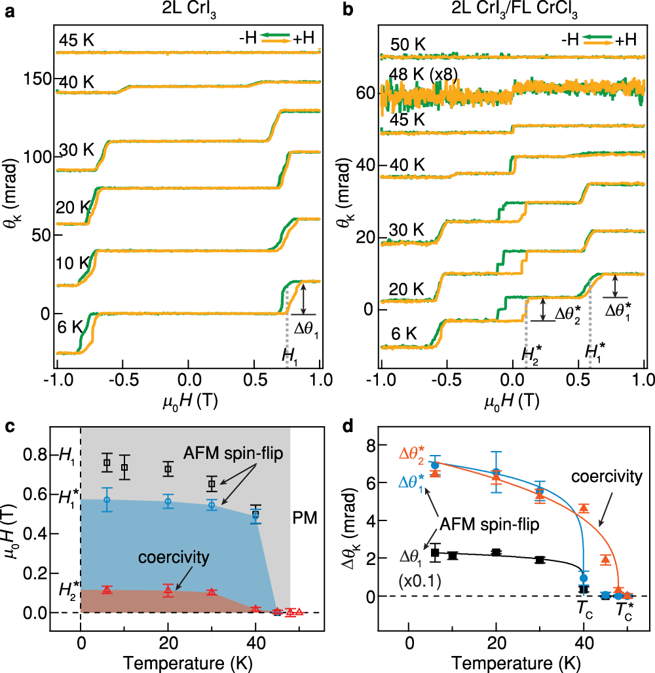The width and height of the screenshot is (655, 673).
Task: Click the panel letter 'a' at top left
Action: click(9, 11)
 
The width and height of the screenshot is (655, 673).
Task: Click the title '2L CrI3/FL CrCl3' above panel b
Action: click(512, 11)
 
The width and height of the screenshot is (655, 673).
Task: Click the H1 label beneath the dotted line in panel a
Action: click(289, 355)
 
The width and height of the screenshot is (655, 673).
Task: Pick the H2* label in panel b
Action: click(532, 354)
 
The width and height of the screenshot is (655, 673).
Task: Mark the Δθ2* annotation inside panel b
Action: click(571, 312)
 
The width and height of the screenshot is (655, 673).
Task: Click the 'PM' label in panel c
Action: click(305, 518)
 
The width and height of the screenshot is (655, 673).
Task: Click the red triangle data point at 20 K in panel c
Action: click(168, 590)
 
